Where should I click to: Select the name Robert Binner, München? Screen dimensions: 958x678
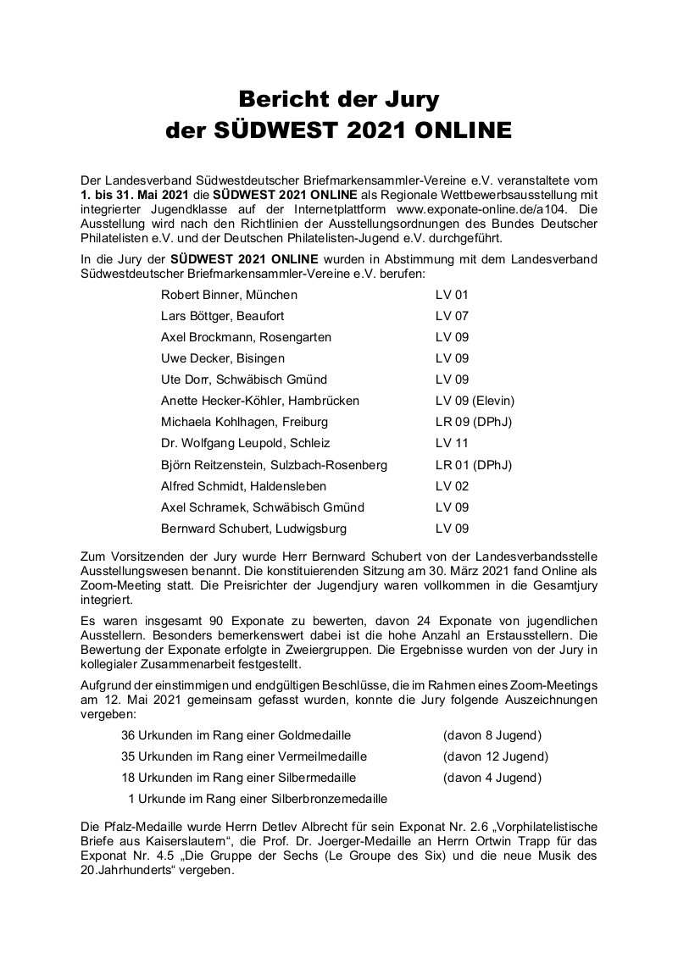pyautogui.click(x=229, y=295)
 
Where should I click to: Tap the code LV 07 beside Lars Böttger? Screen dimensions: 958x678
pyautogui.click(x=452, y=316)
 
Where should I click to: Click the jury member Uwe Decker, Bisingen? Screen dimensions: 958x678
pyautogui.click(x=223, y=358)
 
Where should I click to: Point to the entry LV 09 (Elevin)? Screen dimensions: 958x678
pyautogui.click(x=475, y=401)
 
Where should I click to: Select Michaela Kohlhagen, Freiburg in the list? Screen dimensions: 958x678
pyautogui.click(x=244, y=422)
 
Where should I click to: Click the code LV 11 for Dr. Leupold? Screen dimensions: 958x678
pyautogui.click(x=451, y=443)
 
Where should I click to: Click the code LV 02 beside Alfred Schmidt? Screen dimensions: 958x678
pyautogui.click(x=452, y=486)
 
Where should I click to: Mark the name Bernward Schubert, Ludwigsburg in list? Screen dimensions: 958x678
pyautogui.click(x=253, y=529)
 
